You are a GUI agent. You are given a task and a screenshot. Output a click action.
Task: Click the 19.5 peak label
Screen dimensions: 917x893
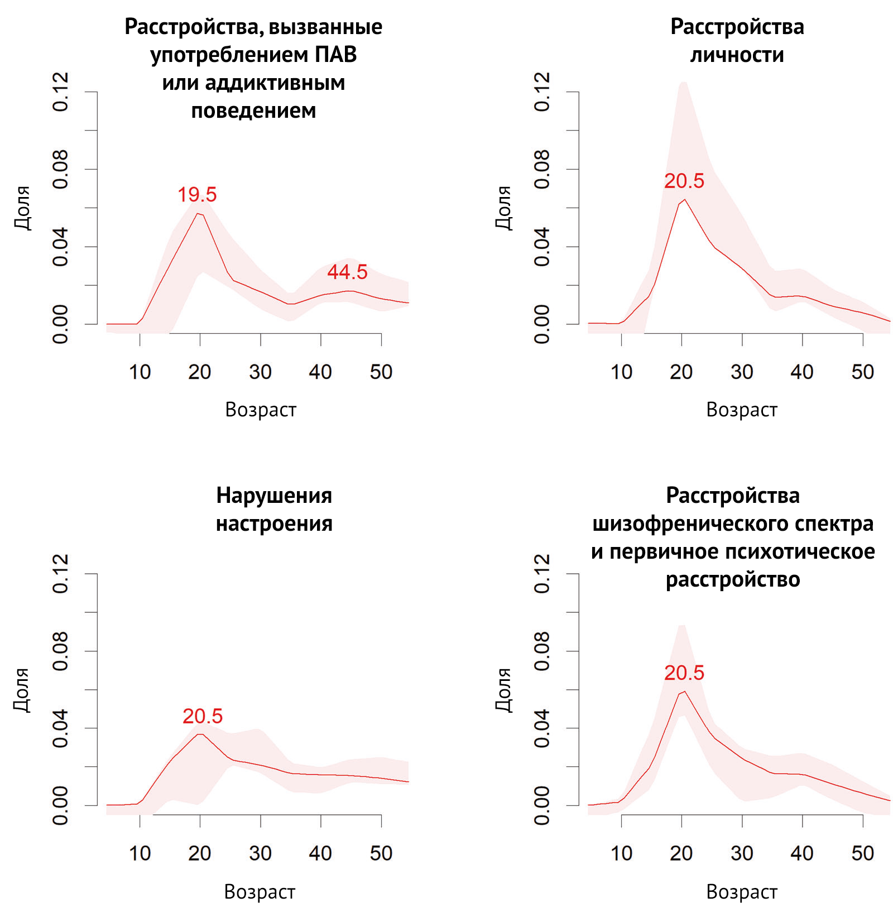click(197, 195)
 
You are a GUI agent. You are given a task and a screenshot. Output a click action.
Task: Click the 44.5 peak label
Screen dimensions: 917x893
click(347, 272)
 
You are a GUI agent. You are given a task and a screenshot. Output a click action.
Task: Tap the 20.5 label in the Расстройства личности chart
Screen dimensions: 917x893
click(684, 181)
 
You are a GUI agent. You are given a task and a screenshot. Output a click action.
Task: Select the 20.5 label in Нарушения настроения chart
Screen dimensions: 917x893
click(202, 716)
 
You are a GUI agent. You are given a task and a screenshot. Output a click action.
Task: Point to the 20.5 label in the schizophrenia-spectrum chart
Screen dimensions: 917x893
click(684, 673)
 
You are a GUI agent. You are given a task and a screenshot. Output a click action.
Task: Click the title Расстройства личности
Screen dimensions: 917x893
click(737, 41)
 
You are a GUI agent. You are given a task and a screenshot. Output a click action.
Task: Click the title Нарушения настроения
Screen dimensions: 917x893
click(274, 509)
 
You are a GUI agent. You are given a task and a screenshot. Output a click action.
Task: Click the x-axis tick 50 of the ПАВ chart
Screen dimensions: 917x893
click(381, 372)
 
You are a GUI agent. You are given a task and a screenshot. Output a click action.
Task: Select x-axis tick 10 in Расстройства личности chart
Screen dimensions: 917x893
click(621, 372)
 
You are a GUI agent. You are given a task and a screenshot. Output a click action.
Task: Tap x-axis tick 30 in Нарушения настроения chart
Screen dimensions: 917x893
click(260, 853)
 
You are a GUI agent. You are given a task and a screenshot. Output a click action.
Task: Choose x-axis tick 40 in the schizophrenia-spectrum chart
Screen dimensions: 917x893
click(802, 853)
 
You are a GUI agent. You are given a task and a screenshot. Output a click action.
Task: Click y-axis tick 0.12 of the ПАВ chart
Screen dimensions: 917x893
click(60, 92)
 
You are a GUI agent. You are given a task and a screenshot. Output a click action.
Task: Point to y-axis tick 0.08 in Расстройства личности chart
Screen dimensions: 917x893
click(542, 169)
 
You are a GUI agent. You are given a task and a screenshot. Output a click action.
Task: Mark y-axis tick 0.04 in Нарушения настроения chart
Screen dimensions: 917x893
click(60, 728)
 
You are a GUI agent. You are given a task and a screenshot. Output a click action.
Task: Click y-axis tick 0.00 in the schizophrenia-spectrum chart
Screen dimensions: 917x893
click(542, 805)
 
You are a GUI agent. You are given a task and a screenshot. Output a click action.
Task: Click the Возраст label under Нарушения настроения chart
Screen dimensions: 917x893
click(260, 892)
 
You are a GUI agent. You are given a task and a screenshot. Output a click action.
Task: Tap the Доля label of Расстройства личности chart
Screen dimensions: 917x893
click(503, 208)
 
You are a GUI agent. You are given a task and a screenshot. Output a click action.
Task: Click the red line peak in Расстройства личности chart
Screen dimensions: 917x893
click(684, 199)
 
